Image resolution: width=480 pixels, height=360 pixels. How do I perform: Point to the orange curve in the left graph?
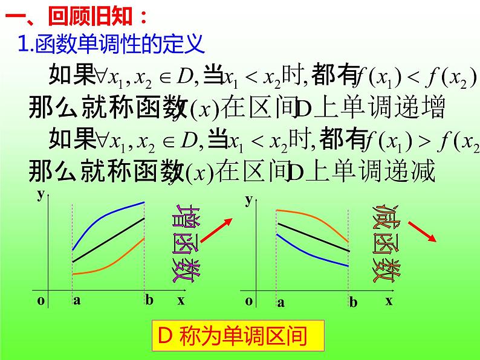coord(109,268)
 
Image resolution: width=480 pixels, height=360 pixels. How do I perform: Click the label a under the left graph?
coord(77,300)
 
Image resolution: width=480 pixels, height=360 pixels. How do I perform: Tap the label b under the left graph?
coord(149,300)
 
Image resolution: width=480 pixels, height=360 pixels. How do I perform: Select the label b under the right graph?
coord(353,303)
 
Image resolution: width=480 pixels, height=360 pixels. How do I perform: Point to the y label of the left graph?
coord(40,194)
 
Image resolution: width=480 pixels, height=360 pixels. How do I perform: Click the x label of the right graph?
coord(389,300)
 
